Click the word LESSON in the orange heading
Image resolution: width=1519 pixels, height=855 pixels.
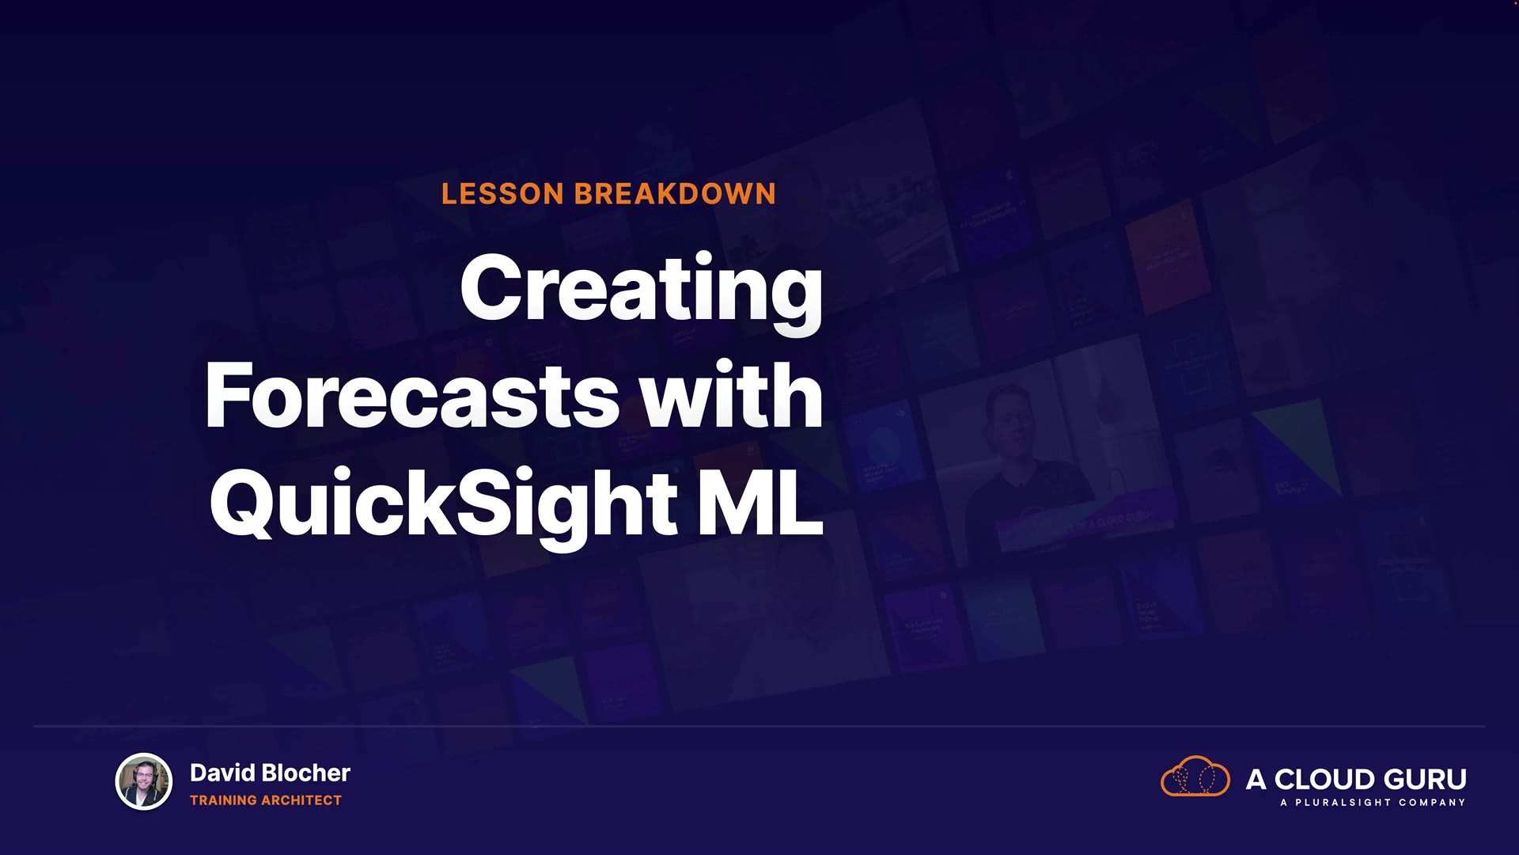[x=502, y=194]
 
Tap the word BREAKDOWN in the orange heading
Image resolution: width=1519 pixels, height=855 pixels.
[x=675, y=194]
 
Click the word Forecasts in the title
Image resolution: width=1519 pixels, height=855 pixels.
[x=412, y=395]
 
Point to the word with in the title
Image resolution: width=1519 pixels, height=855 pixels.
[x=732, y=393]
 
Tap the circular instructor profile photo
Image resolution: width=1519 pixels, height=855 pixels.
[x=143, y=781]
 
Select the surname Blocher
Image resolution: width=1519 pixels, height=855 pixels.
[x=305, y=773]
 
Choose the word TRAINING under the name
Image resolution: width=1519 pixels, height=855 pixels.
[x=224, y=800]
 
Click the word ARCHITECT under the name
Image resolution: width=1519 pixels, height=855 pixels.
[x=301, y=800]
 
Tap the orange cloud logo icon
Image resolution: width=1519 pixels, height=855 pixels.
[x=1195, y=777]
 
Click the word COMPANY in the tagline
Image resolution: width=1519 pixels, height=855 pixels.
[x=1432, y=803]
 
